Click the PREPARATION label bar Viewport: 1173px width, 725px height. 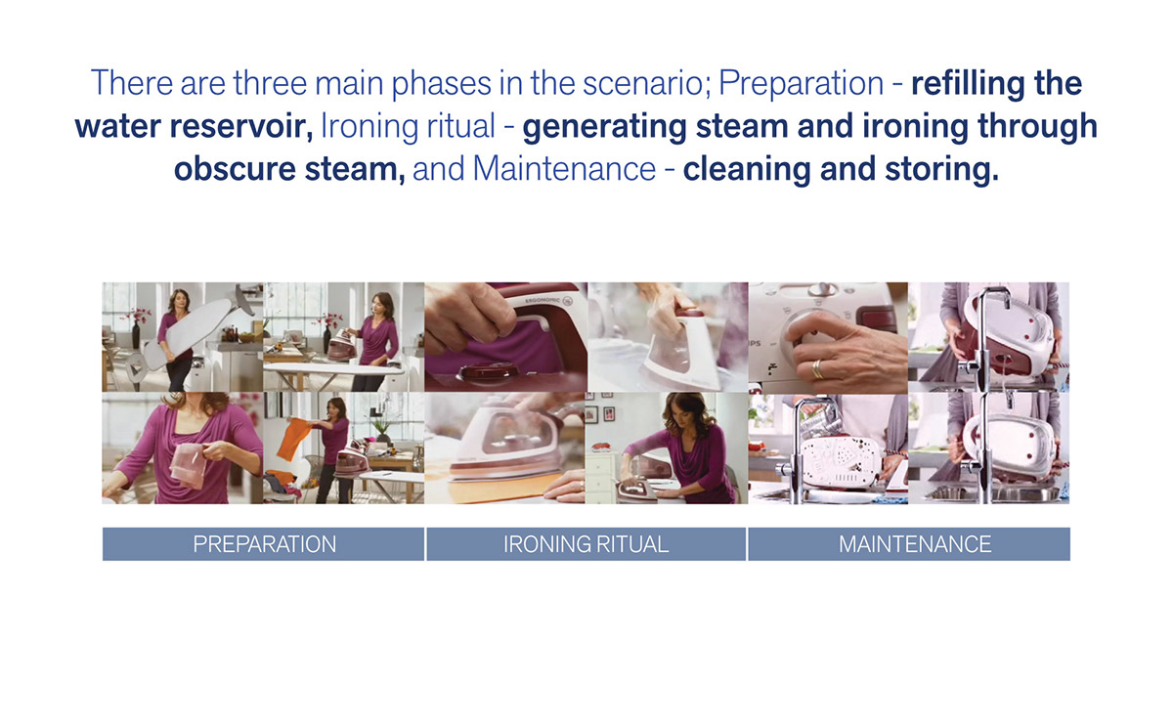point(264,544)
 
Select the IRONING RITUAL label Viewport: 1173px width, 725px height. point(586,544)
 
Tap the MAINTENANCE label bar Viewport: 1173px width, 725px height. point(914,544)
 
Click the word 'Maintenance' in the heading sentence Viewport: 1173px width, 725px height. point(563,169)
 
